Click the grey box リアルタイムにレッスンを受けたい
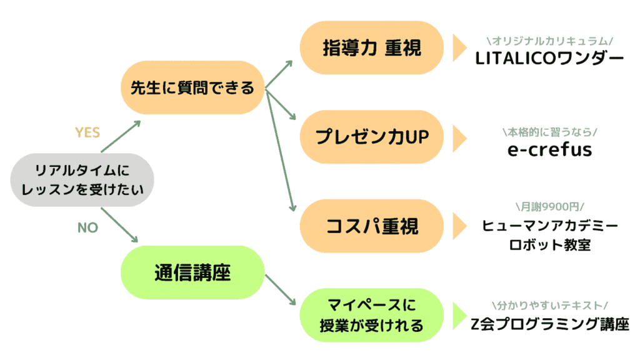coord(82,180)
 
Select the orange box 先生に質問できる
coord(192,87)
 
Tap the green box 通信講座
coord(192,272)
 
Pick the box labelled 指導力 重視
coord(372,47)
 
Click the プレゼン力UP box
coord(372,137)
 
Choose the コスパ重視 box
coord(372,226)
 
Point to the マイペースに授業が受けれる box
coord(372,315)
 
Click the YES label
coord(87,132)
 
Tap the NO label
coord(87,227)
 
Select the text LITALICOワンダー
coord(549,59)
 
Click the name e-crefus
coord(549,149)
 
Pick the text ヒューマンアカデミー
coord(550,225)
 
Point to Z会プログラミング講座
coord(550,324)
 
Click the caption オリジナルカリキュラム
coord(550,41)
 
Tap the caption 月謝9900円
coord(550,206)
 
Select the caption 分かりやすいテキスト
coord(550,305)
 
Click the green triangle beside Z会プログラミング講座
coord(459,316)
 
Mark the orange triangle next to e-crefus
coord(459,139)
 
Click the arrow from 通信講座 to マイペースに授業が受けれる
coord(281,290)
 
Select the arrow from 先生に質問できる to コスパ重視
coord(281,151)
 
